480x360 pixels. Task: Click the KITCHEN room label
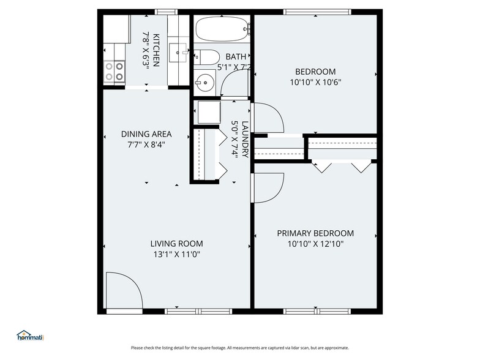[x=157, y=50]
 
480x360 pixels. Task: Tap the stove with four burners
[x=113, y=71]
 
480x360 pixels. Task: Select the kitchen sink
[x=181, y=53]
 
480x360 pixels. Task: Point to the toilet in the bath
[x=206, y=58]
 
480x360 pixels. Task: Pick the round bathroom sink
[x=203, y=81]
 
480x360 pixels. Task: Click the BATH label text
[x=236, y=57]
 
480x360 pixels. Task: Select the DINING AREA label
[x=146, y=134]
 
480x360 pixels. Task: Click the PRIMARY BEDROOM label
[x=315, y=233]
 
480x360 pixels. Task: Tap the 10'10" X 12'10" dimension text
[x=315, y=244]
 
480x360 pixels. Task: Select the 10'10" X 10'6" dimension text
[x=315, y=81]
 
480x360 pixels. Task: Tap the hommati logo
[x=31, y=336]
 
